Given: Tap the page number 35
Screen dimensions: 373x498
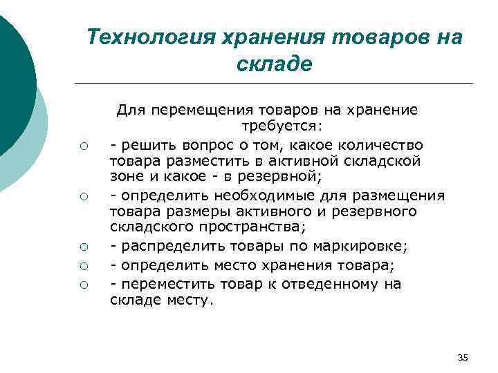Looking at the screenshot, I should pos(463,357).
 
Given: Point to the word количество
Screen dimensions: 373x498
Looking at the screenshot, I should pos(386,145).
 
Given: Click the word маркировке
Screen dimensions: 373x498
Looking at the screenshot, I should pos(365,248).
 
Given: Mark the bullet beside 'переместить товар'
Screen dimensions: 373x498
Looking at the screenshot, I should pos(82,285).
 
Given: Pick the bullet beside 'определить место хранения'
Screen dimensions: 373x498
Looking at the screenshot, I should pos(82,267).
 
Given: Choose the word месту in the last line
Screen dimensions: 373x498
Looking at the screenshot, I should pos(196,300).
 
